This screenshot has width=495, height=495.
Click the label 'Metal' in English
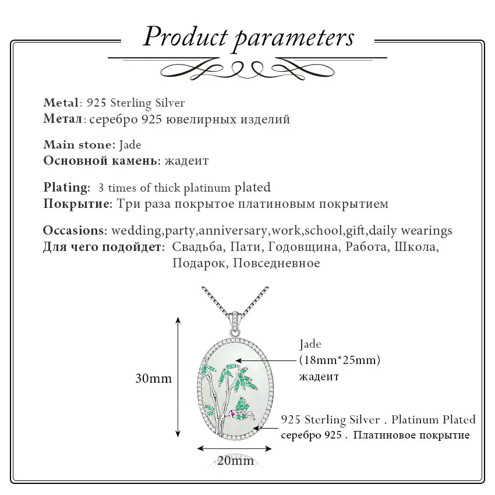tap(60, 103)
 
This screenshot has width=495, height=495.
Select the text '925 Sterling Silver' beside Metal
tap(135, 103)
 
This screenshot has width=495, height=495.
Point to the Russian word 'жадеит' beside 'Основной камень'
tap(186, 161)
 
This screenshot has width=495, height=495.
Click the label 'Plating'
tap(66, 188)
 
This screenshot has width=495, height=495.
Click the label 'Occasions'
tap(74, 230)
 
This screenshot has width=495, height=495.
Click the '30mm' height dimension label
tap(153, 379)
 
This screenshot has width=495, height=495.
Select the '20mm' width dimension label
tap(235, 461)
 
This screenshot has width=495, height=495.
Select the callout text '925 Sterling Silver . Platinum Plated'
tap(378, 419)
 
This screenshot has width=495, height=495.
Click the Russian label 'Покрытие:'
tap(77, 204)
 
